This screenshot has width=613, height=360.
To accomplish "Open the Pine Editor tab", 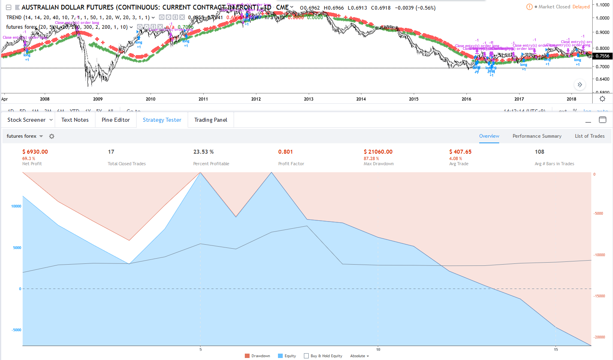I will (115, 120).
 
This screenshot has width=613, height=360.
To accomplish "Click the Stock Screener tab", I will (26, 120).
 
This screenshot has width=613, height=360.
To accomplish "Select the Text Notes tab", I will (75, 120).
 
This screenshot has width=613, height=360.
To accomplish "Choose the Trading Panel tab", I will (210, 120).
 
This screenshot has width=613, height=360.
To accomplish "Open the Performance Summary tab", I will (537, 136).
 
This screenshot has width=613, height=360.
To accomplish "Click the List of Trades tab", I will (589, 136).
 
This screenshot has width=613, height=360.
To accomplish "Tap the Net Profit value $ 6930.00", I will (35, 152).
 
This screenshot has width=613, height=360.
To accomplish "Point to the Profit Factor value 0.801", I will (286, 152).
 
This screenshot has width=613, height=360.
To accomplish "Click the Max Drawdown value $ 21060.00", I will (378, 152).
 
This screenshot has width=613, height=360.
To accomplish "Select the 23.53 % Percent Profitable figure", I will (204, 152).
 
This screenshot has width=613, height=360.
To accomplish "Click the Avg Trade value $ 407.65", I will (460, 152).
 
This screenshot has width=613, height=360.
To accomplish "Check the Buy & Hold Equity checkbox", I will (306, 356).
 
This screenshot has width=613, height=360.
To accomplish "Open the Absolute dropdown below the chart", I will (359, 356).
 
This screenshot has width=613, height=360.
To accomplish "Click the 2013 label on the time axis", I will (309, 99).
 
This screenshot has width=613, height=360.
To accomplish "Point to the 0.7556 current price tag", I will (602, 56).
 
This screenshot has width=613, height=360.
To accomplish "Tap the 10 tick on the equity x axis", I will (378, 350).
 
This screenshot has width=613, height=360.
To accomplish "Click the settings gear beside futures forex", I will (52, 136).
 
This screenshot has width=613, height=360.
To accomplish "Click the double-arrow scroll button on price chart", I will (579, 85).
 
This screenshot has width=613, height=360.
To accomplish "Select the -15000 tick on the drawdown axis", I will (599, 296).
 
